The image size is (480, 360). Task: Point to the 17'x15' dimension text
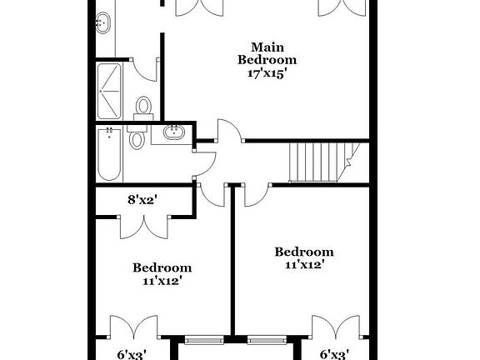click(x=267, y=72)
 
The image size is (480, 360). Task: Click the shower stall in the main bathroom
click(x=111, y=89)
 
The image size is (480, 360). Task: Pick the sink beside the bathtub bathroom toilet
click(x=175, y=132)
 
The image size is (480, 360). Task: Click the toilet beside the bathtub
click(x=138, y=137)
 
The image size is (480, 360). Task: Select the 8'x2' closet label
click(x=143, y=199)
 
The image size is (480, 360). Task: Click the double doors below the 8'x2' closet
click(x=143, y=227)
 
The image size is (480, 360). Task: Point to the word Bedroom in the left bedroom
click(x=162, y=267)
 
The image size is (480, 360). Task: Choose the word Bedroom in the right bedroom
click(x=304, y=252)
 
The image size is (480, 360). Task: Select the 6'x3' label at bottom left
click(x=132, y=354)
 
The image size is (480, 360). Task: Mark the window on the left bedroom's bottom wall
click(x=203, y=339)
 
